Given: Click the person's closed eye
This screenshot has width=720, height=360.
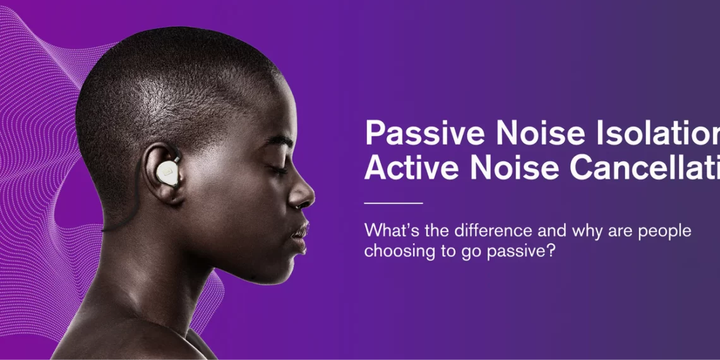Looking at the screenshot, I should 278,169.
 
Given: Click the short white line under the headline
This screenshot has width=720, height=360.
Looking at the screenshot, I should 393,203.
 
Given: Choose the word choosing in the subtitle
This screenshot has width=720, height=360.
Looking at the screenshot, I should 395,251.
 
